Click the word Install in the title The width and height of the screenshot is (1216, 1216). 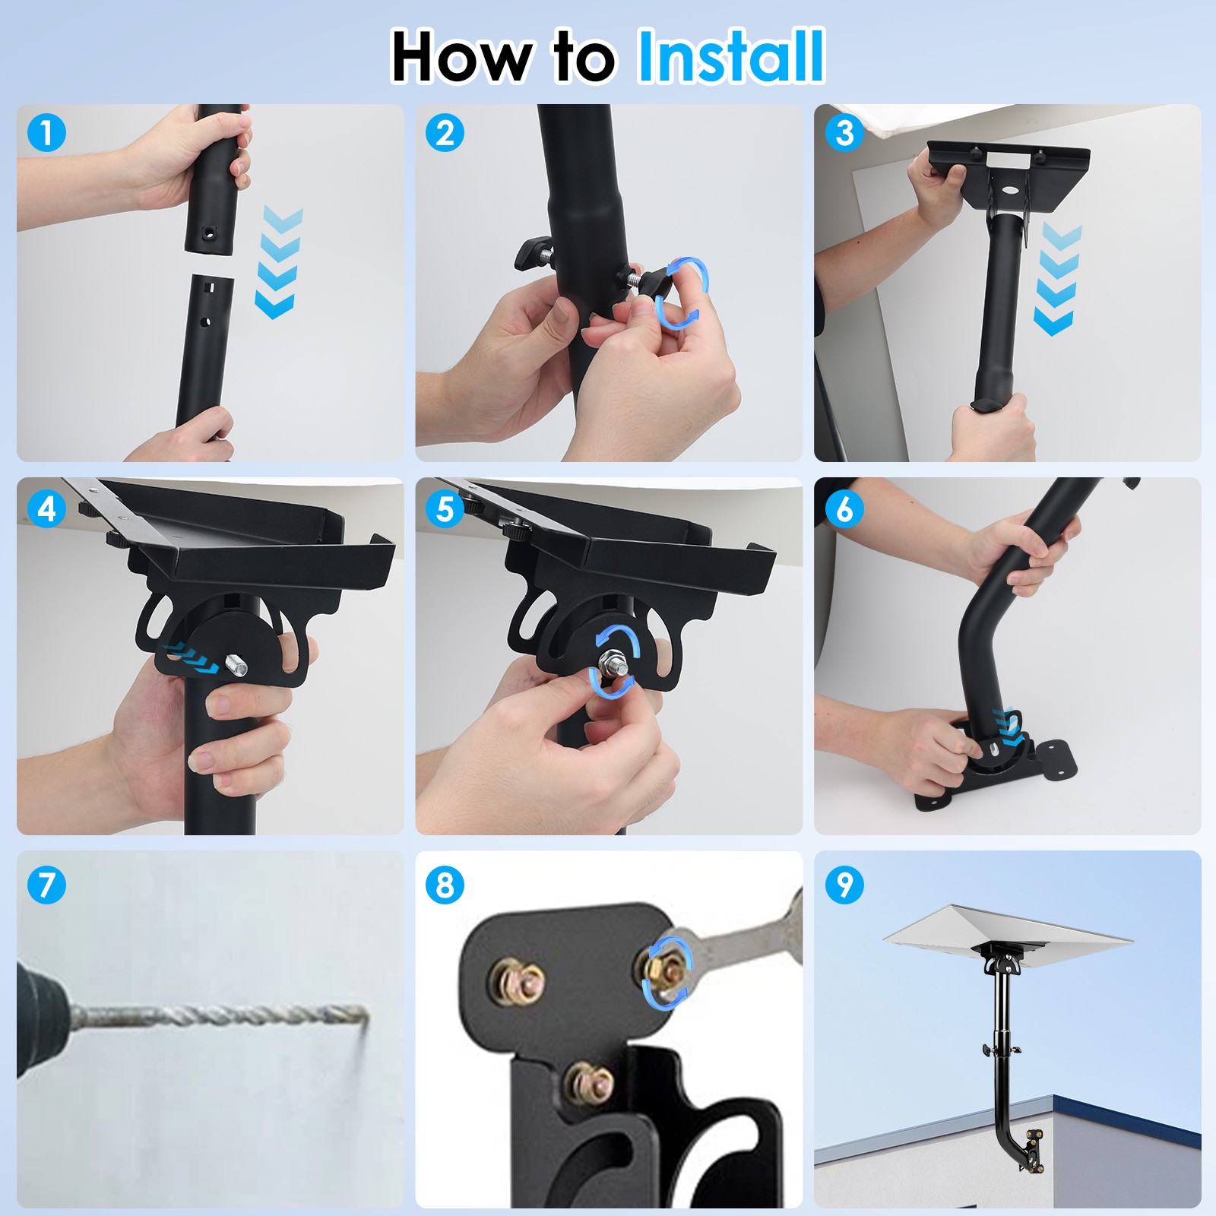point(731,56)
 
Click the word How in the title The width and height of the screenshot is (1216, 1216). point(461,58)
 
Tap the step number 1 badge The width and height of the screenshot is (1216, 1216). point(46,133)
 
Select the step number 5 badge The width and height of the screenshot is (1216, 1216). point(445,508)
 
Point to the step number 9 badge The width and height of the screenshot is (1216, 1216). point(844,884)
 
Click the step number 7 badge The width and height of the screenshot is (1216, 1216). point(46,884)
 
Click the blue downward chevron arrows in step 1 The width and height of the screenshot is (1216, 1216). point(278,262)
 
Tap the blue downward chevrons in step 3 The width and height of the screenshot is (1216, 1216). point(1057,279)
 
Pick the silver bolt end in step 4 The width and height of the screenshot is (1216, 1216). point(237,668)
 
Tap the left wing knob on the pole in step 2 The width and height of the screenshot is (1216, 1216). point(532,252)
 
